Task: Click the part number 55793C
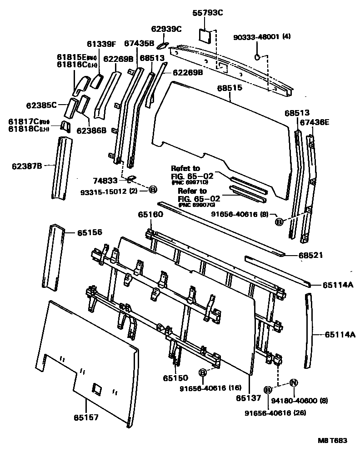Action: tap(209, 13)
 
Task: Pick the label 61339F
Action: tap(101, 44)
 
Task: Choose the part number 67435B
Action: tap(139, 43)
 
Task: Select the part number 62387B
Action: tap(27, 166)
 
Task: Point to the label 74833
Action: tap(106, 180)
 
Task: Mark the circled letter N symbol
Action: tap(293, 382)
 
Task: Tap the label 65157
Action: tap(87, 417)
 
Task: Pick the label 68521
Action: tap(310, 255)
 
